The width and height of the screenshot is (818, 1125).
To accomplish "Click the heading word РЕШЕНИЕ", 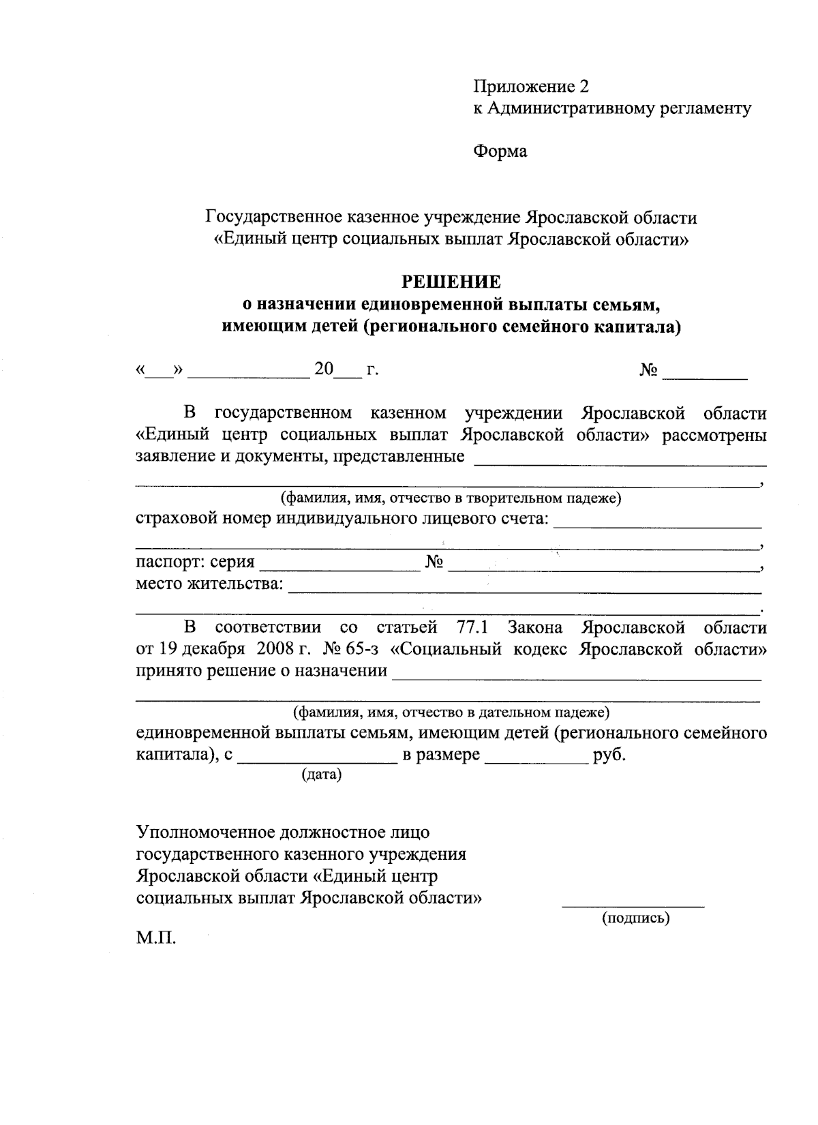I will pyautogui.click(x=451, y=282).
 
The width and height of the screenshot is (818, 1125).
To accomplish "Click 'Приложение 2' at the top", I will pyautogui.click(x=531, y=87).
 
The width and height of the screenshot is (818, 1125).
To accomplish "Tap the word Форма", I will pyautogui.click(x=500, y=151).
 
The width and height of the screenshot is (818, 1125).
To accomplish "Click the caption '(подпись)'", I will pyautogui.click(x=635, y=918).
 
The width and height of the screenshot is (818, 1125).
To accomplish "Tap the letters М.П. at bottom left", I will pyautogui.click(x=156, y=938).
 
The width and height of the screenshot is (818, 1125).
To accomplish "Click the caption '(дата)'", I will pyautogui.click(x=321, y=775).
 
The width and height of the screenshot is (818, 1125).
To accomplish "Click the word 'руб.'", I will pyautogui.click(x=609, y=755).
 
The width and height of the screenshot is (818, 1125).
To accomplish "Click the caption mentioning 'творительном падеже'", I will pyautogui.click(x=451, y=498).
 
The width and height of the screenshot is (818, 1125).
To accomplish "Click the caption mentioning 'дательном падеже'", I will pyautogui.click(x=451, y=713).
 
